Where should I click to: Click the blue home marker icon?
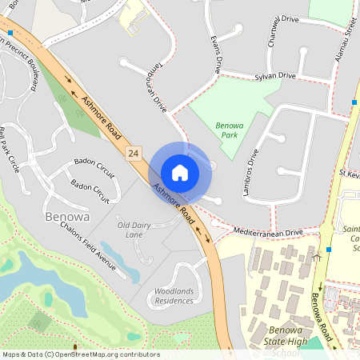(180, 172)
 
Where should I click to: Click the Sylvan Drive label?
(276, 75)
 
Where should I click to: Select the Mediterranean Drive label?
(269, 232)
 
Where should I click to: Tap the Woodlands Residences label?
(174, 296)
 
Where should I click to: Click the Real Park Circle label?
(10, 149)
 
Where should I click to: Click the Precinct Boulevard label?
(34, 68)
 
